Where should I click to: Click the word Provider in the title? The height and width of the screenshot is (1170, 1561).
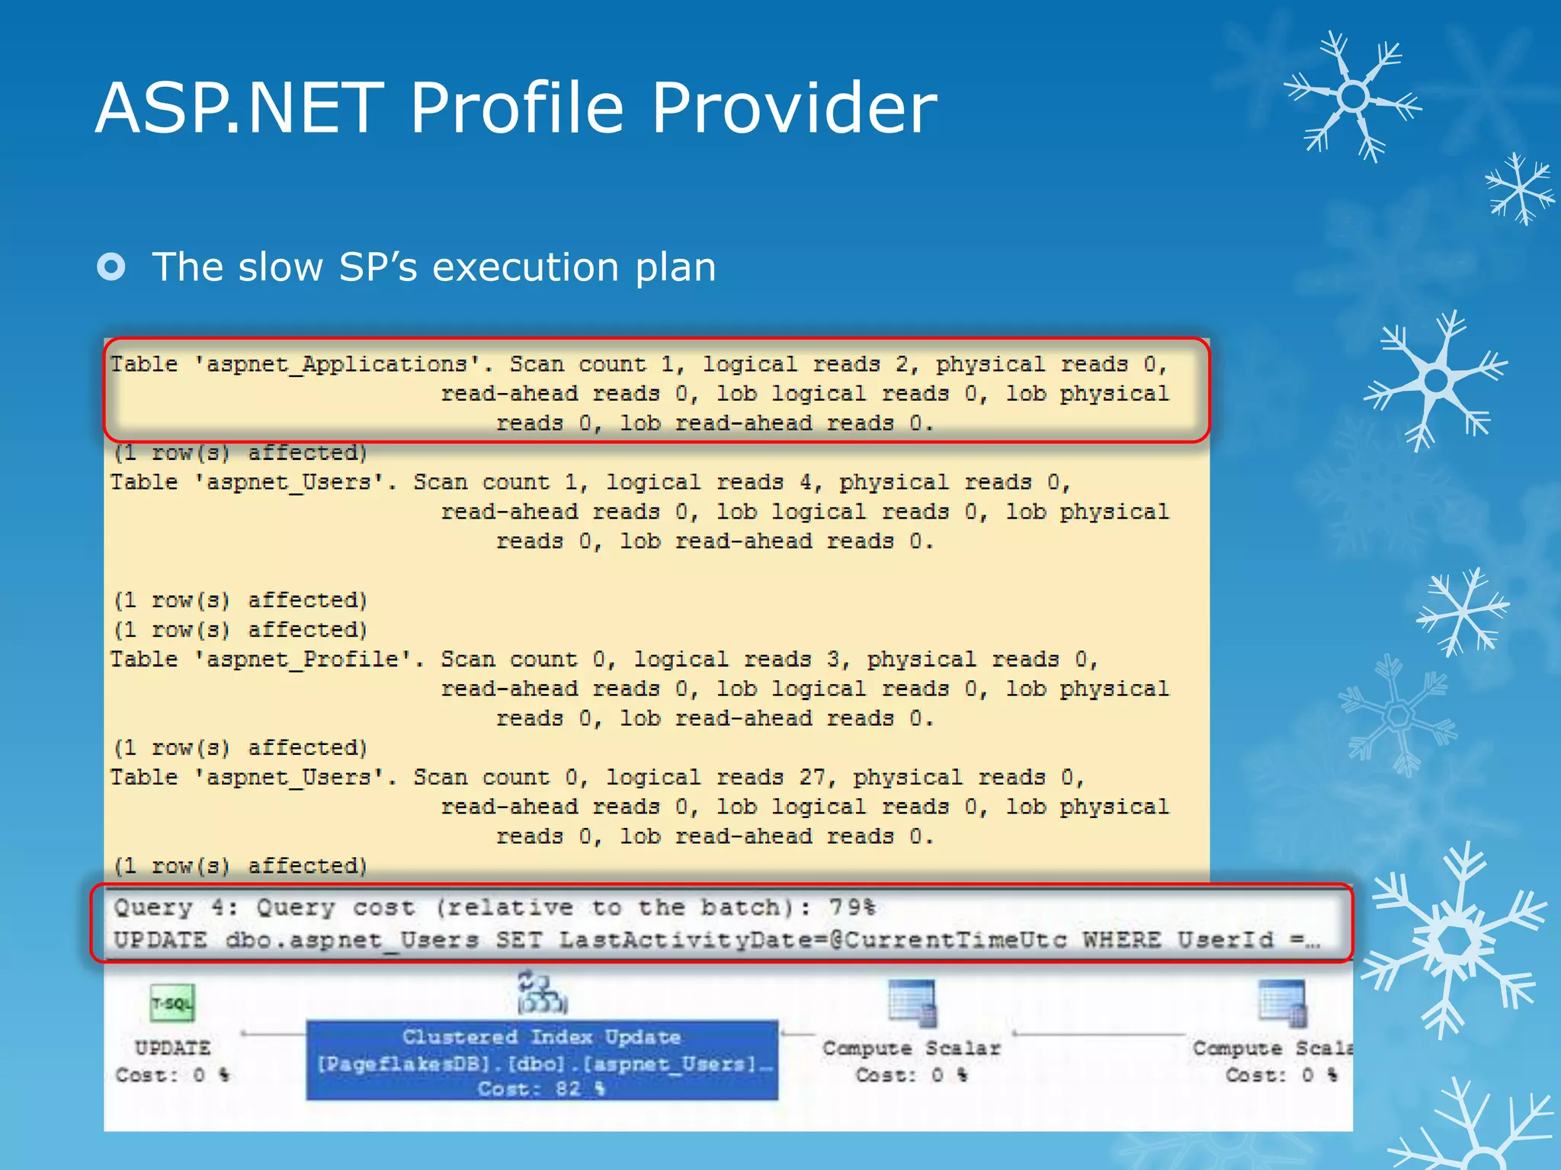793,108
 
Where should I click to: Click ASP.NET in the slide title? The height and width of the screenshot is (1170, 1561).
240,108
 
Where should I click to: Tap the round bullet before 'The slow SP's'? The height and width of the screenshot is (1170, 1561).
111,267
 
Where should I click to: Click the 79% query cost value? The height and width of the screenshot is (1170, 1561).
852,907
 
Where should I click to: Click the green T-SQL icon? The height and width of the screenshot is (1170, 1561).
172,1003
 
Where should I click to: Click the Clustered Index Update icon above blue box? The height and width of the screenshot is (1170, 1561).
542,993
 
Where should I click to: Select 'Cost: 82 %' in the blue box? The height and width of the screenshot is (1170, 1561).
542,1088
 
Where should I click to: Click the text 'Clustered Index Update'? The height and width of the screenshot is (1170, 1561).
542,1037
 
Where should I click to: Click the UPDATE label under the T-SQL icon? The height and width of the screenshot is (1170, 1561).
172,1048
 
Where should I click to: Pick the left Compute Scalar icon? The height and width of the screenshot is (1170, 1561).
911,1003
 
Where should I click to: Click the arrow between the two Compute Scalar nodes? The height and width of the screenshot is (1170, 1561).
1098,1034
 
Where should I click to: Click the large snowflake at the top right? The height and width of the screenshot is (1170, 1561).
1353,97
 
